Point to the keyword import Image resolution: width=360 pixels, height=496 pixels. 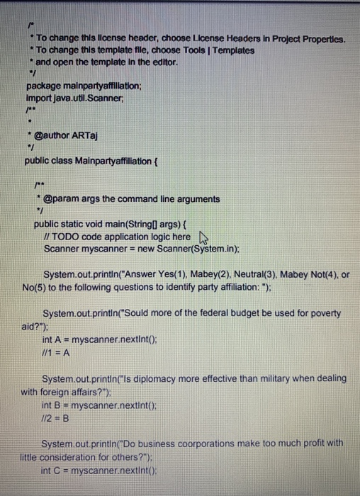click(x=40, y=97)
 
